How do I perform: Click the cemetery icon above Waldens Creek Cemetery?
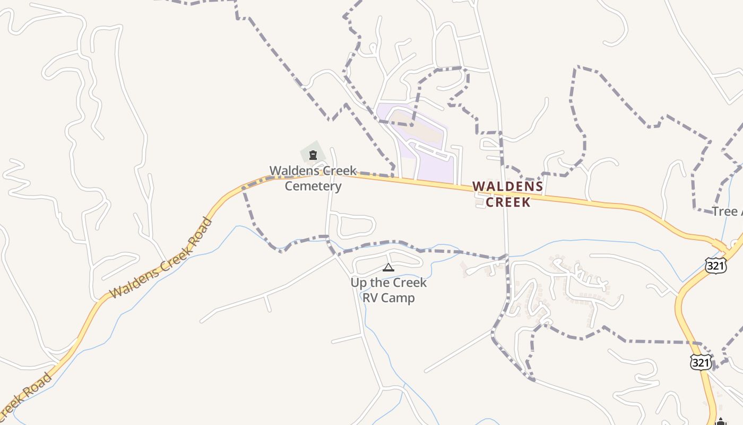(313, 155)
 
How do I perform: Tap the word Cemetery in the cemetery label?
(313, 186)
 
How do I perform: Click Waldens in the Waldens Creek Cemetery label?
(291, 171)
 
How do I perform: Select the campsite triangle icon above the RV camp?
(388, 267)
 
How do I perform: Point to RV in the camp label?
(370, 297)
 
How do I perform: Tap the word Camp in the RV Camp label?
(398, 297)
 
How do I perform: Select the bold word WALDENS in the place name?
(508, 186)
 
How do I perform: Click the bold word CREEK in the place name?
(508, 202)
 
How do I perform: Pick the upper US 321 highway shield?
(716, 266)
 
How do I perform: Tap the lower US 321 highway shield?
(701, 362)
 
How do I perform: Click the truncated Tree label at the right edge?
(726, 211)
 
